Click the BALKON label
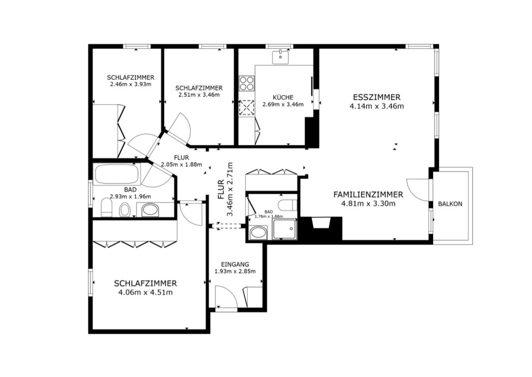coord(450,204)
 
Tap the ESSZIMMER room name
coord(377,97)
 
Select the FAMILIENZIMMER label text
coord(368,195)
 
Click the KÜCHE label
coord(283,97)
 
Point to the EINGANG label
coord(235,264)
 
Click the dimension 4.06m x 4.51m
coord(145,292)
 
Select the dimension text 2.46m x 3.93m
coord(131,84)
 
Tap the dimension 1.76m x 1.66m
coord(269,216)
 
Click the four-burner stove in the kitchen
coord(247,83)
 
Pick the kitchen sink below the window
coord(280,57)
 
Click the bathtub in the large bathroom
coord(117,174)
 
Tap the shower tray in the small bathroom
coord(284,229)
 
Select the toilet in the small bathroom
coord(288,205)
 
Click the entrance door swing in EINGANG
coord(226,297)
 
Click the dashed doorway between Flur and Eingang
coord(226,226)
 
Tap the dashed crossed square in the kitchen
coord(247,108)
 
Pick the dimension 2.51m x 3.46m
coord(199,95)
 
